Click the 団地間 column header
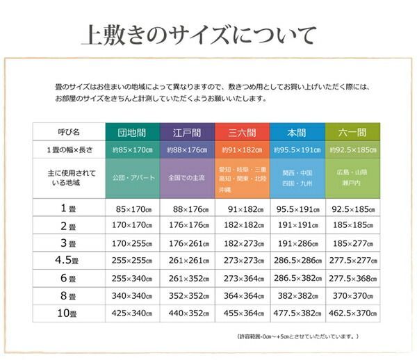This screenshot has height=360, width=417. (x=133, y=131)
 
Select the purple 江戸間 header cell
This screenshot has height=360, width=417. (x=187, y=131)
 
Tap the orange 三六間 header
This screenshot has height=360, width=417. (x=242, y=131)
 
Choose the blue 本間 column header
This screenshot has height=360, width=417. (x=297, y=131)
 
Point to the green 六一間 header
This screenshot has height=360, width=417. (x=352, y=131)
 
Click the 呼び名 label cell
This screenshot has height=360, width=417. (x=69, y=131)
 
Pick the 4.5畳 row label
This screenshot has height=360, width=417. (x=69, y=260)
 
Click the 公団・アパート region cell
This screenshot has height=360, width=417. (x=133, y=177)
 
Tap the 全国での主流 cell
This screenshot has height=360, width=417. (x=187, y=177)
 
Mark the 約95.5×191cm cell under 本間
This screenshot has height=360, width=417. (x=297, y=149)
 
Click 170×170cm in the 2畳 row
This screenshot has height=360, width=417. (x=133, y=225)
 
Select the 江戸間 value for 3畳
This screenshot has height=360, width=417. (x=187, y=243)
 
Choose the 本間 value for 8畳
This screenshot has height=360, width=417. (x=297, y=296)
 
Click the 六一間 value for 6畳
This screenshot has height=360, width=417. (x=352, y=278)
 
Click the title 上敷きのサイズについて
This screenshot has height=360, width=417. (x=198, y=34)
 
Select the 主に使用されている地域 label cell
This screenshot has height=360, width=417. (x=69, y=177)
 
